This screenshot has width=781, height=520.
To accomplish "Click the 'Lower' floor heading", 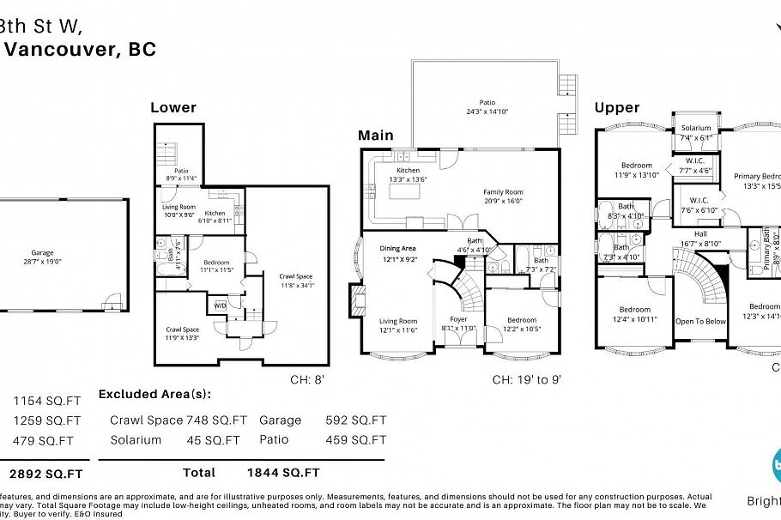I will click(173, 107).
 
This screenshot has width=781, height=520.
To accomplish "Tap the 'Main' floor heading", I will click(376, 136).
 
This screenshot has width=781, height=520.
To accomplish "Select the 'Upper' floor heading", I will click(617, 107).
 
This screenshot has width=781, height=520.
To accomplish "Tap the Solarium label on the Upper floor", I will click(696, 128).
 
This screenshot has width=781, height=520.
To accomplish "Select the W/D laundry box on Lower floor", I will click(221, 305).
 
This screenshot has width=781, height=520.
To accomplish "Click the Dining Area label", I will click(398, 249).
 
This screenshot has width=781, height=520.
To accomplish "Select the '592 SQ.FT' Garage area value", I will click(356, 420).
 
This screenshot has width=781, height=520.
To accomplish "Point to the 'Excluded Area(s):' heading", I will click(154, 395).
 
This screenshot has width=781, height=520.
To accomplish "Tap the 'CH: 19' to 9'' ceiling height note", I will click(526, 379).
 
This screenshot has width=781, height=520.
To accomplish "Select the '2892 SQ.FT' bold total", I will click(46, 473).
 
